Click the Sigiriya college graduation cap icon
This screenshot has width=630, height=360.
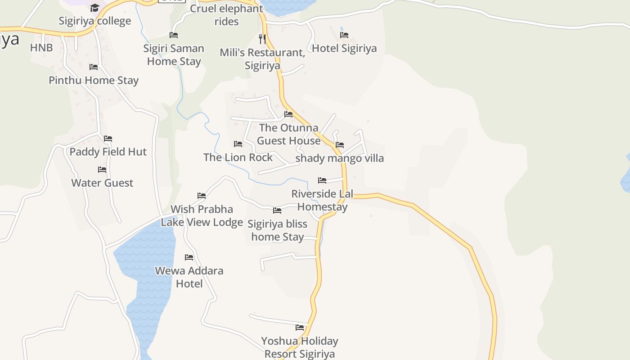[x=94, y=8]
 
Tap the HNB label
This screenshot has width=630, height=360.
[x=41, y=48]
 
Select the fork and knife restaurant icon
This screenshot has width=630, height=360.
[x=262, y=39]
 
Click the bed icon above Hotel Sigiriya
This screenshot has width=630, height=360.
[x=344, y=35]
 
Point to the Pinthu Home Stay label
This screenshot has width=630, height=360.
[x=94, y=81]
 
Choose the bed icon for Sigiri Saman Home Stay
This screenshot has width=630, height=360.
[x=174, y=35]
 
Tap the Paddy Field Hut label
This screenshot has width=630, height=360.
[x=108, y=152]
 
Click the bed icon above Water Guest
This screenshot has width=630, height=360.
[x=102, y=170]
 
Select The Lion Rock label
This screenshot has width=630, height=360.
[x=238, y=157]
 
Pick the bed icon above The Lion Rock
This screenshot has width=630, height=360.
[x=238, y=144]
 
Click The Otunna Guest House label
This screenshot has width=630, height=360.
[x=289, y=134]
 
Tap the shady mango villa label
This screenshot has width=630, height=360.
[x=340, y=158]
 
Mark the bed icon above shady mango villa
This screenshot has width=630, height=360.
[x=340, y=145]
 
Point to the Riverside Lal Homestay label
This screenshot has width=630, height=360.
[x=322, y=200]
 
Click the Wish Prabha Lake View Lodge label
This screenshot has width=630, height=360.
[x=202, y=216]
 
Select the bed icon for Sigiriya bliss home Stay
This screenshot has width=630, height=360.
[x=277, y=210]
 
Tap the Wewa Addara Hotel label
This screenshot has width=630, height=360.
[x=189, y=277]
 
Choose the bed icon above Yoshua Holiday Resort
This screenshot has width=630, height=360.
[x=300, y=327]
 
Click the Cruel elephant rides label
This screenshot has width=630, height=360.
[x=226, y=15]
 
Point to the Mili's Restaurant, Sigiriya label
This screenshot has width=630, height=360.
[x=262, y=59]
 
